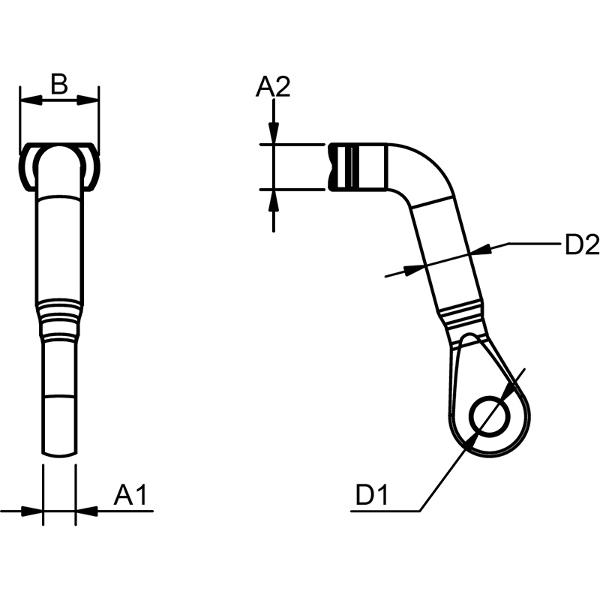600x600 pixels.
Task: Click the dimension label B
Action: [x=59, y=84]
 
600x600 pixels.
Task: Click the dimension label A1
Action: [x=130, y=495]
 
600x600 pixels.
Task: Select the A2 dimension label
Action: [x=273, y=86]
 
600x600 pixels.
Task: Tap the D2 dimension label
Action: [x=582, y=245]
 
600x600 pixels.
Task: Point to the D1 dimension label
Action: [x=372, y=495]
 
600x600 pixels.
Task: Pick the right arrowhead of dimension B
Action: [x=88, y=101]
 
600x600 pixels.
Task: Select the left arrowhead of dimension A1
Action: [x=31, y=511]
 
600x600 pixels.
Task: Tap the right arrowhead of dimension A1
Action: [x=87, y=511]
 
